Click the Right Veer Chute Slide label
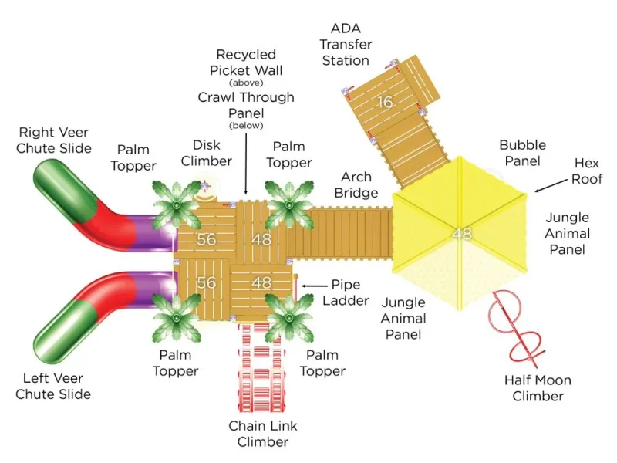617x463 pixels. coord(54,140)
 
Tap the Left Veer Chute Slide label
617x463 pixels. coord(53,387)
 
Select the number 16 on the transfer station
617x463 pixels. coord(385,103)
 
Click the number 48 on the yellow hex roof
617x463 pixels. coord(462,234)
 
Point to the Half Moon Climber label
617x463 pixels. coord(538,388)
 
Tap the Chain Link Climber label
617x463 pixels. coord(263,434)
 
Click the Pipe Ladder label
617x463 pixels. coord(346,292)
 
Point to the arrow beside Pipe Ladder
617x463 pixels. coord(315,286)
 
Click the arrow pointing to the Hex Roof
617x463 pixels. coord(551,186)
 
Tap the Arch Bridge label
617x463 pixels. coord(356,184)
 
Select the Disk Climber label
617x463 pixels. coord(206,153)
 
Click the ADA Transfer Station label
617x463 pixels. coord(346,45)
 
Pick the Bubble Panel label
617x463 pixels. coord(523,153)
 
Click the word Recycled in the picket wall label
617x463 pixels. coord(246,54)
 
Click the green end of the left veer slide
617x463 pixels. coord(65,332)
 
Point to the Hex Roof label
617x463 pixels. coord(587,171)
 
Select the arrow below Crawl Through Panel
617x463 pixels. coord(246,164)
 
